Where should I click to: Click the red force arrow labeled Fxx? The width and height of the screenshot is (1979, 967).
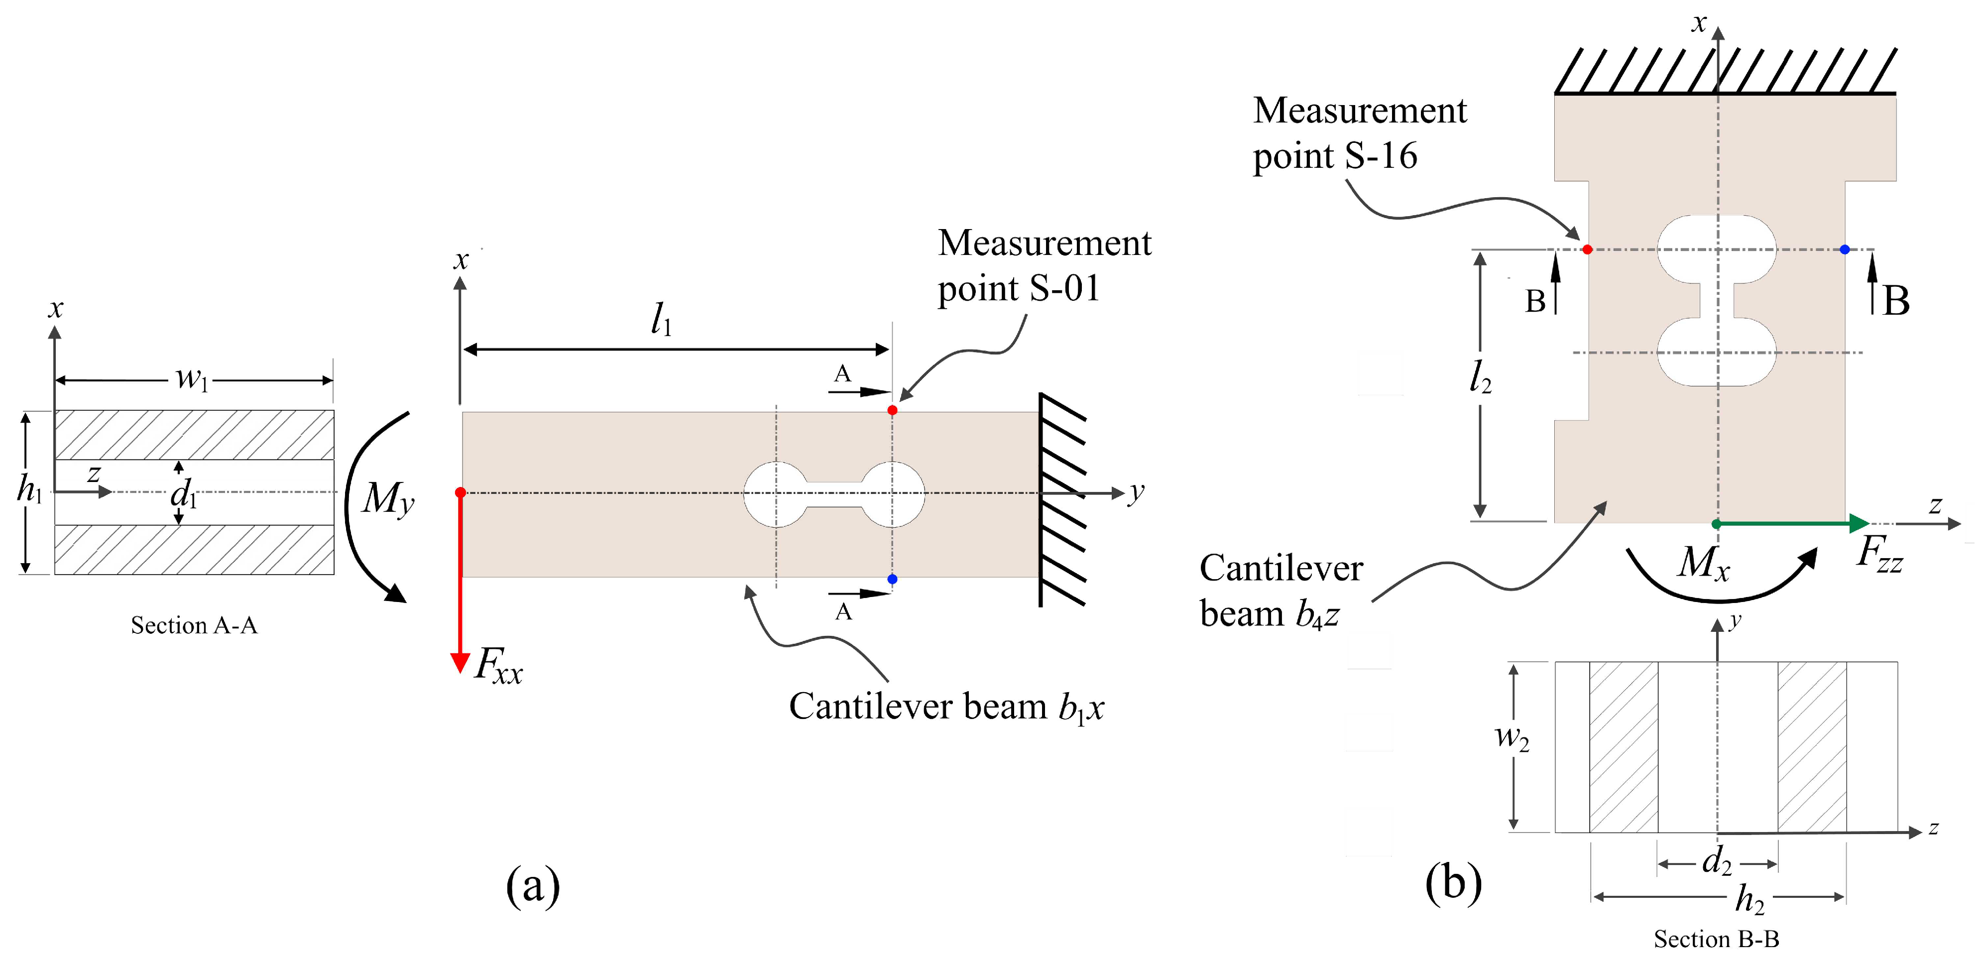click(x=460, y=584)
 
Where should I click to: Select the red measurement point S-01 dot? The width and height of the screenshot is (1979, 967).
click(x=892, y=410)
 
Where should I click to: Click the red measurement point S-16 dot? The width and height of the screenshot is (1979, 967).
click(x=1587, y=249)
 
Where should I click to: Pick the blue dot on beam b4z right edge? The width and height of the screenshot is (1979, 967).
click(x=1845, y=249)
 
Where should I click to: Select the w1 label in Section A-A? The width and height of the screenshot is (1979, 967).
click(x=191, y=378)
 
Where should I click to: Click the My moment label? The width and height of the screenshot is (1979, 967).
click(x=388, y=499)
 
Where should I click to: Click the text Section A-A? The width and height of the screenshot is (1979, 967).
click(x=194, y=625)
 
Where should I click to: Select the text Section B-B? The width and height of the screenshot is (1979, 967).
click(x=1716, y=939)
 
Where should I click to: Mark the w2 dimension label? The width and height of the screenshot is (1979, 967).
click(x=1511, y=737)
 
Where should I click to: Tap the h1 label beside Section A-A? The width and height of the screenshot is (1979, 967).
click(x=29, y=489)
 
